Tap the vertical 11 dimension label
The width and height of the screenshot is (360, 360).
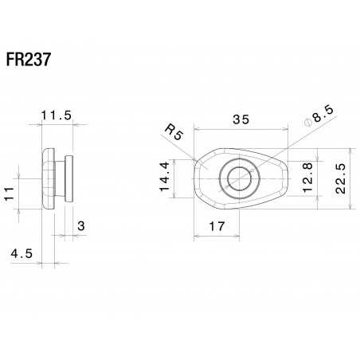coord(9,194)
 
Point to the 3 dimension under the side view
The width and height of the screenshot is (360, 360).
coord(81,227)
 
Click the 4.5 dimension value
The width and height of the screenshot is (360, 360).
coord(22,254)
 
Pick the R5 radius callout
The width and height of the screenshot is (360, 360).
coord(174,131)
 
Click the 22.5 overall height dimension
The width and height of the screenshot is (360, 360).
coord(340,178)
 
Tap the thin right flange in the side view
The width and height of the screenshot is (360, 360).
coord(70,179)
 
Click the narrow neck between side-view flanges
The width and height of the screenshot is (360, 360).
coord(61,179)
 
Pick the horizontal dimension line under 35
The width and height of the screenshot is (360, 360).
coord(240,129)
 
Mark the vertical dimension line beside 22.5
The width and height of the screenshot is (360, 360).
coord(320,178)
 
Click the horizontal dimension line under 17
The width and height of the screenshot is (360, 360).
coord(217,236)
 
